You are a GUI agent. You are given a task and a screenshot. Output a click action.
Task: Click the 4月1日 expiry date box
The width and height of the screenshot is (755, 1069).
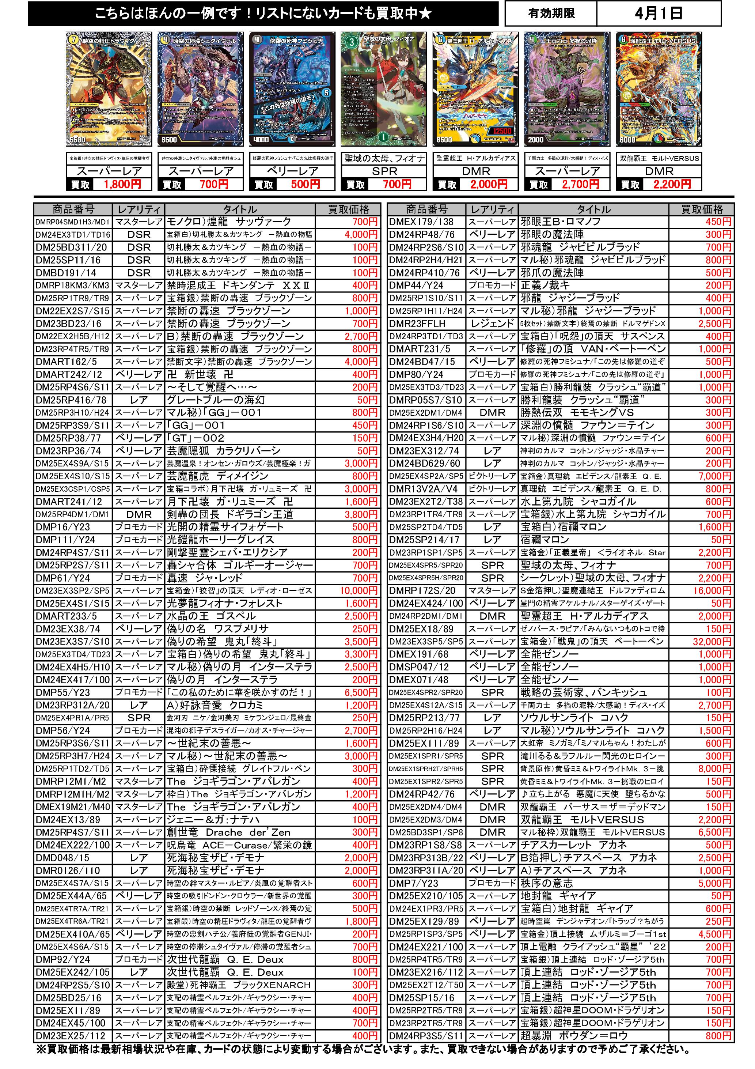(658, 14)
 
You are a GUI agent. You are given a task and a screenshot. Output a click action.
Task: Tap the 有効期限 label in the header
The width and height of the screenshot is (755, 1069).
(551, 14)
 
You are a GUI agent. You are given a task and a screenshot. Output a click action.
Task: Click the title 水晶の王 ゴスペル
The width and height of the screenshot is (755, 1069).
(211, 616)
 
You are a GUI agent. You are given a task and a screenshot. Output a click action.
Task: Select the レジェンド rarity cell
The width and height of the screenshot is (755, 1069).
(493, 324)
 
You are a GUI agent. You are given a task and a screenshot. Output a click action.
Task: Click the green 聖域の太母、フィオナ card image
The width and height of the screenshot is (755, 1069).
(384, 88)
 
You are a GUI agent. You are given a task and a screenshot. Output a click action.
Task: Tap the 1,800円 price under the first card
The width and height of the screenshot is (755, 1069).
(122, 184)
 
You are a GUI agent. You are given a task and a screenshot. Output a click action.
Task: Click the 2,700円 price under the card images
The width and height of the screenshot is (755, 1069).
(580, 184)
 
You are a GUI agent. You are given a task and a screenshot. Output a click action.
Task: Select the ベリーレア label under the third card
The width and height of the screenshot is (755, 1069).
(292, 171)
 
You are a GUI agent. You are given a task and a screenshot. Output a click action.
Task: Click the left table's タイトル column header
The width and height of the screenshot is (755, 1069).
(240, 209)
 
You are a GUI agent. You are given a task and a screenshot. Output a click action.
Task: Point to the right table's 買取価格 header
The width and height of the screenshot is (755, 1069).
(702, 209)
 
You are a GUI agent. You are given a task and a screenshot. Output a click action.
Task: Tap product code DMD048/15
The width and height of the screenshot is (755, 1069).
(62, 858)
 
